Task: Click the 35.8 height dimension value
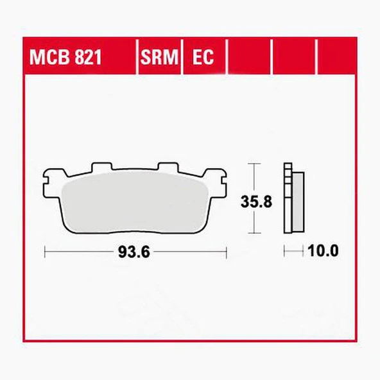coord(257,201)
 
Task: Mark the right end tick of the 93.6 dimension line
coord(226,252)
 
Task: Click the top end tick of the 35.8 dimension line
coord(256,164)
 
